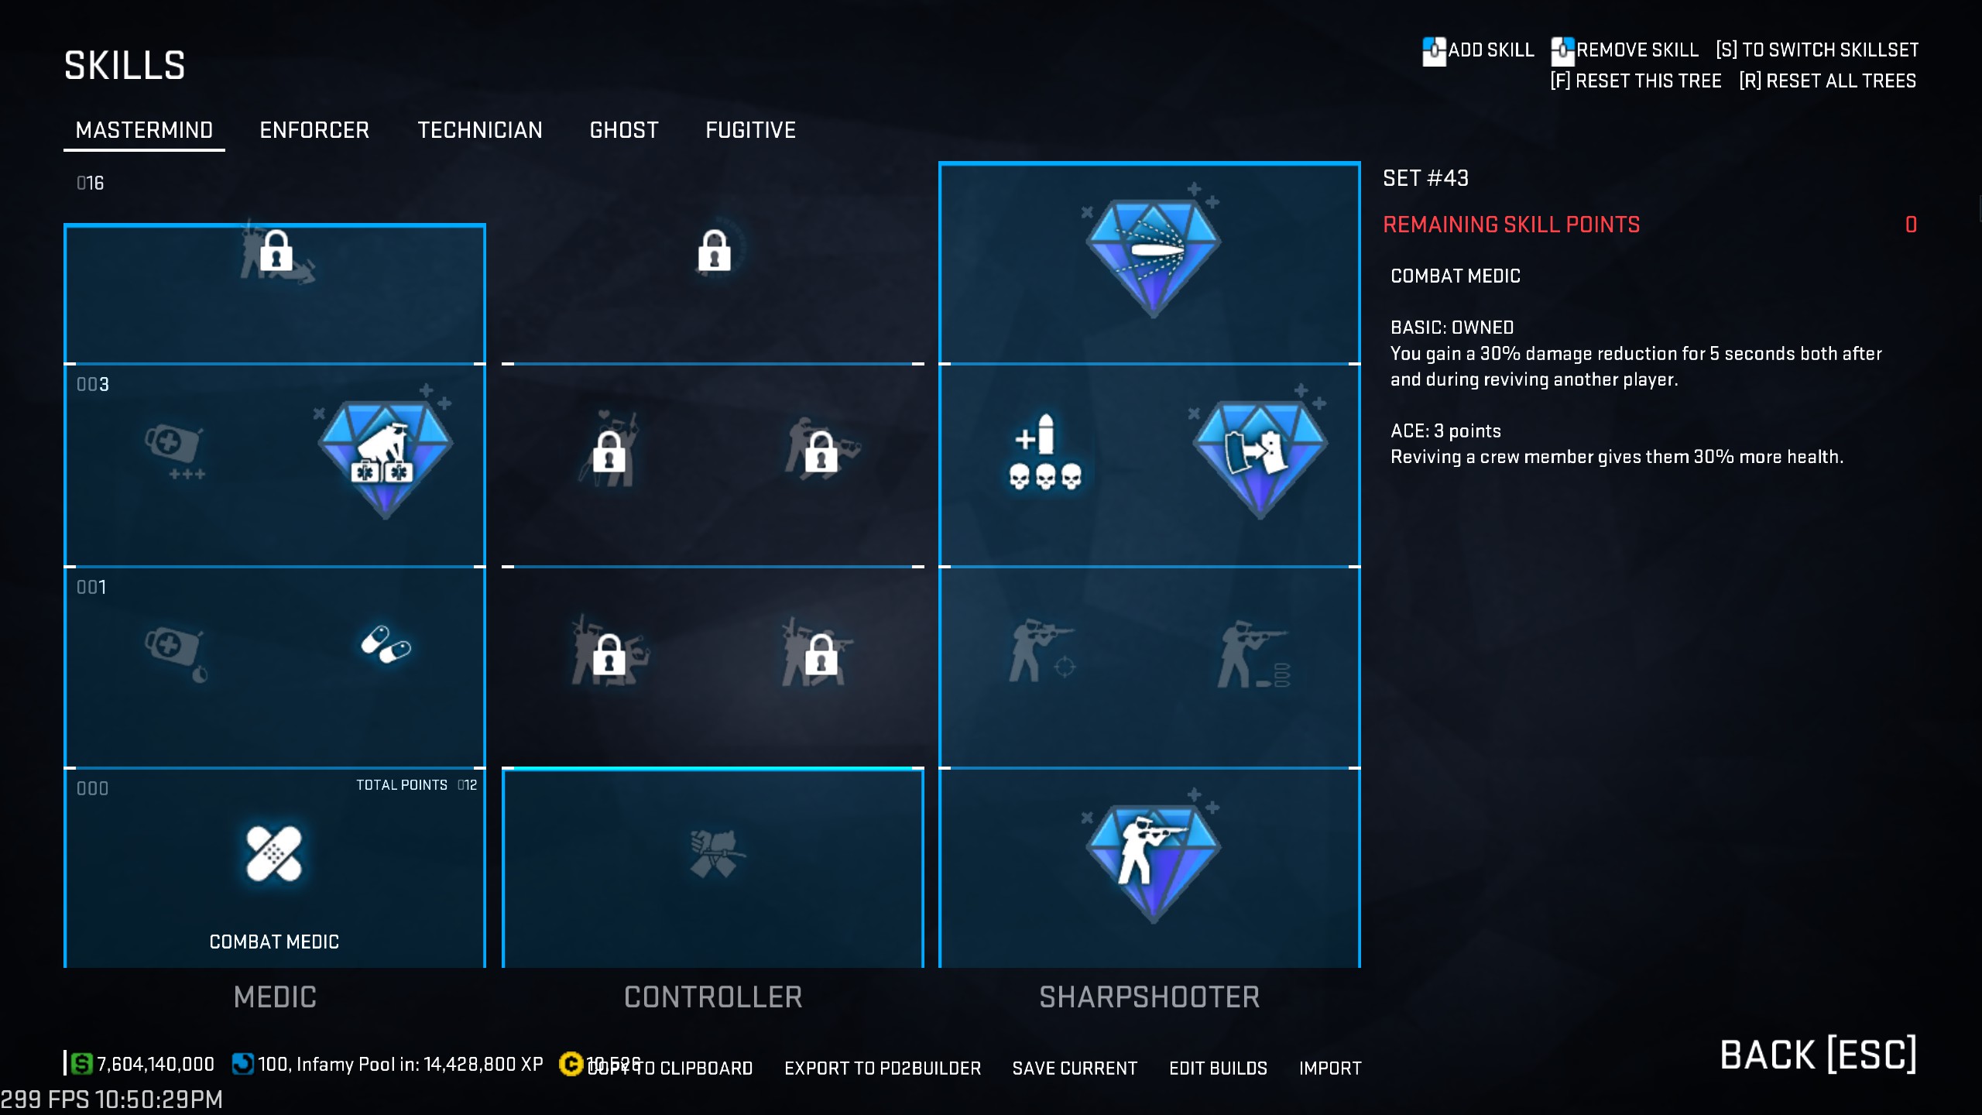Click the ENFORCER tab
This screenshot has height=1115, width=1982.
pyautogui.click(x=314, y=130)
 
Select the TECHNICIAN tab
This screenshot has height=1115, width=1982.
pyautogui.click(x=480, y=130)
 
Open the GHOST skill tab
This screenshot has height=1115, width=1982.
pyautogui.click(x=624, y=130)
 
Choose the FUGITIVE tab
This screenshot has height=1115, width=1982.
pyautogui.click(x=750, y=130)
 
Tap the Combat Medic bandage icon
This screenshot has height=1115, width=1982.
pyautogui.click(x=273, y=853)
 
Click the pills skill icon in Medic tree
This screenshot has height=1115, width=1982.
pyautogui.click(x=386, y=644)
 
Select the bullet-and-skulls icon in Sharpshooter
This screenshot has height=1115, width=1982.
pyautogui.click(x=1044, y=453)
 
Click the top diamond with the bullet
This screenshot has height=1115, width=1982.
pyautogui.click(x=1153, y=256)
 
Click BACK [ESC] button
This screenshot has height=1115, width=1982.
pyautogui.click(x=1818, y=1055)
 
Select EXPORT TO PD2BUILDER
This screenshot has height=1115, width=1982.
pyautogui.click(x=883, y=1069)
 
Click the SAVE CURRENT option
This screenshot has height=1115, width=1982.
pyautogui.click(x=1075, y=1069)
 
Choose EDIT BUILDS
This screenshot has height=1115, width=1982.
pyautogui.click(x=1218, y=1069)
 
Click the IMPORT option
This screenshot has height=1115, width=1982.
pyautogui.click(x=1330, y=1069)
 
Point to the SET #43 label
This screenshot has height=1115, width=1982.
pyautogui.click(x=1425, y=178)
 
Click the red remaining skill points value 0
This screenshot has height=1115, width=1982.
pyautogui.click(x=1911, y=225)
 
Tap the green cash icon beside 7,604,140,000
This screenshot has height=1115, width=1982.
pyautogui.click(x=81, y=1064)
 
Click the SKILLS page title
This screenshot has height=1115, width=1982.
pyautogui.click(x=125, y=65)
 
